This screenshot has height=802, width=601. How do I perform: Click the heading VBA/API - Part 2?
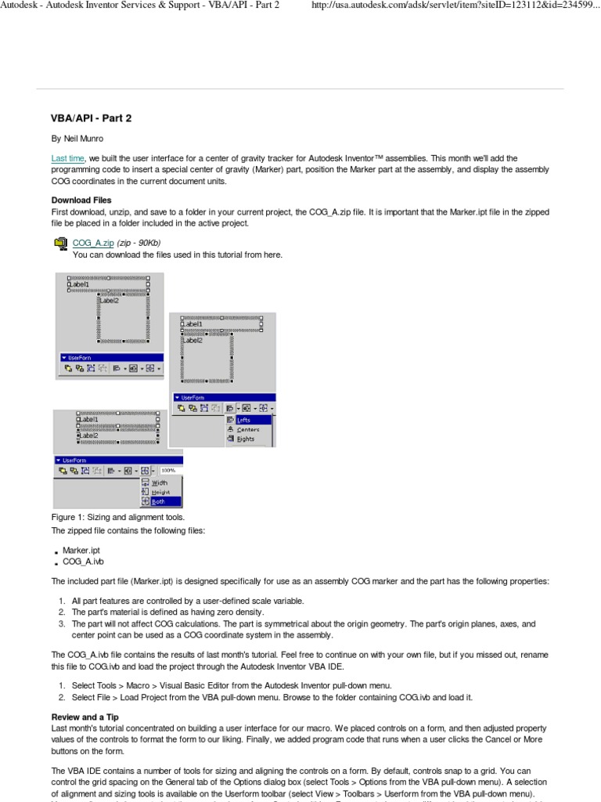point(92,118)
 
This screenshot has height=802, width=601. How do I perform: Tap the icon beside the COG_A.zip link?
point(60,244)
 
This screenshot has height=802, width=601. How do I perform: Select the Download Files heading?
point(81,200)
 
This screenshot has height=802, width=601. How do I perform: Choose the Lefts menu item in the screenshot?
point(243,421)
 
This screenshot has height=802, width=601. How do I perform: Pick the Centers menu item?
point(248,430)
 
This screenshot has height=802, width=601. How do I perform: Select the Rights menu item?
point(246,439)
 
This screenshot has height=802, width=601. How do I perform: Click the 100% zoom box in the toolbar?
point(169,471)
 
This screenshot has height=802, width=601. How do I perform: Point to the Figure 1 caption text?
point(118,518)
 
